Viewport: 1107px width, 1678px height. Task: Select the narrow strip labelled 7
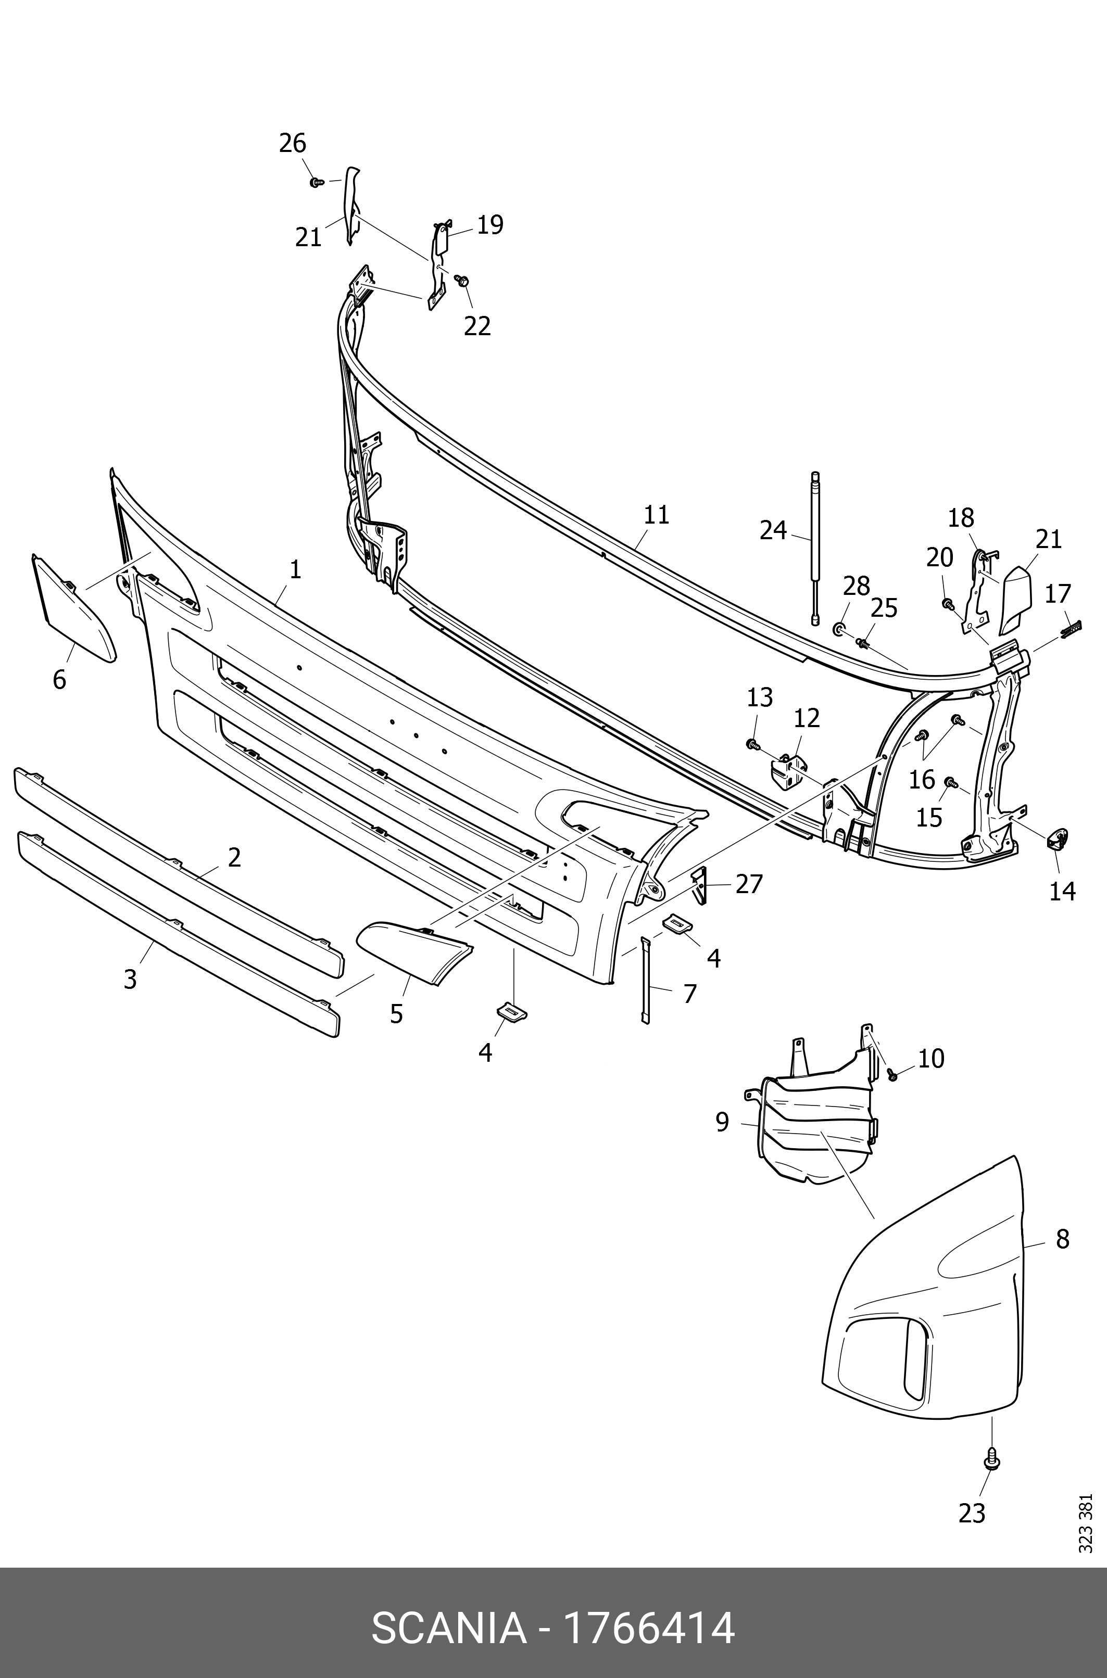645,981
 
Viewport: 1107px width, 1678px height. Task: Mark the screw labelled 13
752,743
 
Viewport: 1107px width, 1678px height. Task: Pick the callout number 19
490,225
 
